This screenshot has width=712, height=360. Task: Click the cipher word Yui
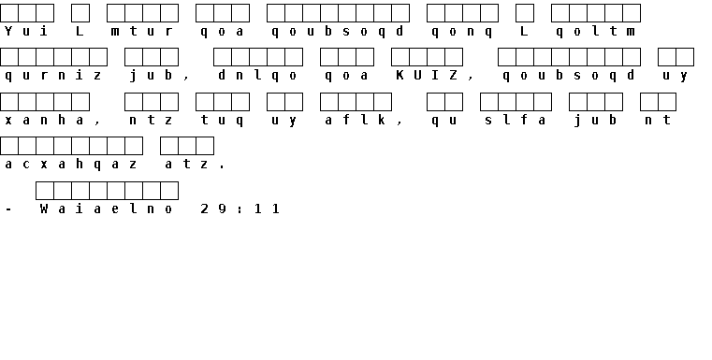(x=26, y=31)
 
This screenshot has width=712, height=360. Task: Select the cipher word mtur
(x=141, y=31)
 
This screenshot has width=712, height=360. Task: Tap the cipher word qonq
(x=462, y=32)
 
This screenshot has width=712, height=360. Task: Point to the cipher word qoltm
(x=596, y=32)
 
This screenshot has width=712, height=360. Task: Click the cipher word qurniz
(x=53, y=76)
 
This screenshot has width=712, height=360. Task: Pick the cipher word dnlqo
(x=257, y=76)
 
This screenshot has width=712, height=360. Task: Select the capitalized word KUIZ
(x=427, y=75)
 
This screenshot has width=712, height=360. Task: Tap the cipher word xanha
(x=44, y=120)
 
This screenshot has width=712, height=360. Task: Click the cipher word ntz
(x=151, y=120)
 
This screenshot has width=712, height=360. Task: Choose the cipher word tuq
(x=222, y=121)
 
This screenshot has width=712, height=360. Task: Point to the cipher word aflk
(x=356, y=120)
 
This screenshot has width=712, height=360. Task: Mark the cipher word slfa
(x=516, y=120)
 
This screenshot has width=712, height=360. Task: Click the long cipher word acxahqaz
(x=70, y=165)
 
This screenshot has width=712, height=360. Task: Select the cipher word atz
(x=186, y=164)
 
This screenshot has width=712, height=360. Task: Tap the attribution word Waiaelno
(x=107, y=209)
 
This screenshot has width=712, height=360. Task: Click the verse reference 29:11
(x=240, y=209)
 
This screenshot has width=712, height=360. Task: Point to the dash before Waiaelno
(x=8, y=209)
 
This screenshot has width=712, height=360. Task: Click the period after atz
(x=222, y=167)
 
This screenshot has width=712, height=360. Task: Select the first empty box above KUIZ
(x=400, y=57)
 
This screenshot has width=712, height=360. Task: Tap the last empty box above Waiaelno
(x=169, y=191)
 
